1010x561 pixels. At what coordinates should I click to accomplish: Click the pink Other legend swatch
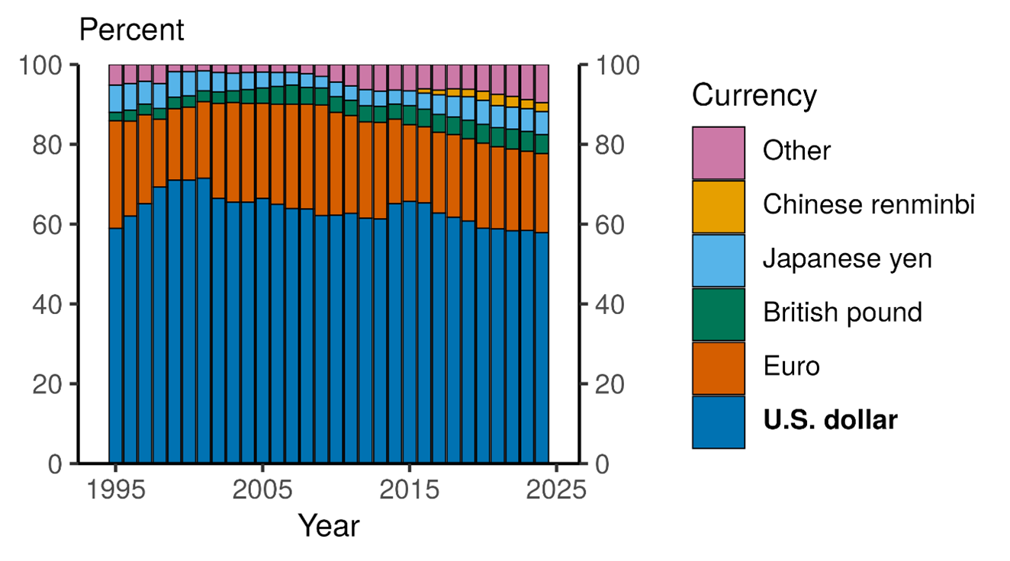pyautogui.click(x=718, y=152)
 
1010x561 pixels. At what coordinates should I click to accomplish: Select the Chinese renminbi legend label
pyautogui.click(x=868, y=206)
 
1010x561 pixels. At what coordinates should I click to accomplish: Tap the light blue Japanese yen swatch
pyautogui.click(x=718, y=260)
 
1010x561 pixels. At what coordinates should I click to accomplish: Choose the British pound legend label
pyautogui.click(x=842, y=313)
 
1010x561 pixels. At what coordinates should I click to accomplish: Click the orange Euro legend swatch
pyautogui.click(x=718, y=367)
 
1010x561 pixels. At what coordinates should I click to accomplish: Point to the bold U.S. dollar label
pyautogui.click(x=830, y=420)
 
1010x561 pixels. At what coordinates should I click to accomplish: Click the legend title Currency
pyautogui.click(x=754, y=97)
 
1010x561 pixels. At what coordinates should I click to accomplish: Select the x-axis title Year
pyautogui.click(x=328, y=525)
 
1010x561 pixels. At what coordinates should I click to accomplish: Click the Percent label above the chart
pyautogui.click(x=131, y=30)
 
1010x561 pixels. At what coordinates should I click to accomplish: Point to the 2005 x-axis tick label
pyautogui.click(x=262, y=489)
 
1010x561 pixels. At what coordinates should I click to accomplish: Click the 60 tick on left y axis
pyautogui.click(x=48, y=225)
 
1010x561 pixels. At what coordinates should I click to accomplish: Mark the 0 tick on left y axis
pyautogui.click(x=57, y=463)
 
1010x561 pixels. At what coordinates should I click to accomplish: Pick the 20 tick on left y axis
pyautogui.click(x=48, y=384)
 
